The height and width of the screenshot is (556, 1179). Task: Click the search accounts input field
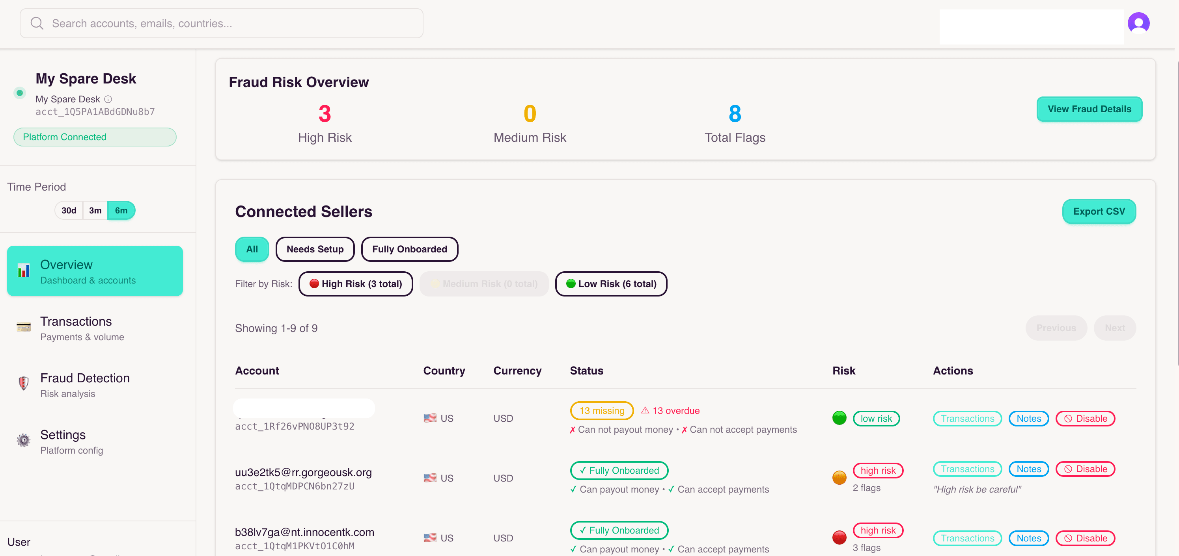pos(222,23)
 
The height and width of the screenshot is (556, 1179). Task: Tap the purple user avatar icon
pos(1138,23)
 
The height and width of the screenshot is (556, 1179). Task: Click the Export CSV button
pos(1099,211)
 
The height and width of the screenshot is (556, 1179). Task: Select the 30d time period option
pos(69,210)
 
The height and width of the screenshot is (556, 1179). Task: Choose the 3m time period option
pos(95,210)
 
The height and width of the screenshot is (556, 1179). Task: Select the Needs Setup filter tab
pos(315,249)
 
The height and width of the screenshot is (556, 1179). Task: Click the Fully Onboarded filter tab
pos(409,249)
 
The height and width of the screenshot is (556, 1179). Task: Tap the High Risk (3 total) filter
pos(356,284)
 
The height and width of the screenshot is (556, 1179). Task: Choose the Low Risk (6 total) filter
pos(611,284)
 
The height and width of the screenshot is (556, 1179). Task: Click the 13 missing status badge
pos(601,411)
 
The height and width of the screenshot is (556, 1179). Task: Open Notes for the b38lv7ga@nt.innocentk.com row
pos(1028,538)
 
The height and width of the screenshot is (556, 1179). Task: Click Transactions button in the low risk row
pos(967,418)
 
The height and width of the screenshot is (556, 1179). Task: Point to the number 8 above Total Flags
pos(735,114)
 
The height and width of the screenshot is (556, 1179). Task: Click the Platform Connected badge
pos(95,137)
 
